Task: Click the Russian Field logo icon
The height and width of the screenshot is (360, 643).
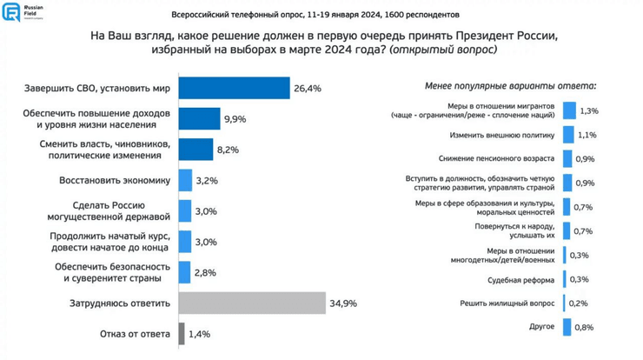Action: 11,12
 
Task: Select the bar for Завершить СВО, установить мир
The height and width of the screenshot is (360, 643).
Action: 234,89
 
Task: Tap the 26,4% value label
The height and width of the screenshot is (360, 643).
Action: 308,89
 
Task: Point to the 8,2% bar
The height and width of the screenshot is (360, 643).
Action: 196,150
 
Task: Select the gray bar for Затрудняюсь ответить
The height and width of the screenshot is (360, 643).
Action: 251,303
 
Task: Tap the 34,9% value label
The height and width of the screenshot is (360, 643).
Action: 343,303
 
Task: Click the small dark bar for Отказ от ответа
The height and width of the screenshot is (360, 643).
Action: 182,334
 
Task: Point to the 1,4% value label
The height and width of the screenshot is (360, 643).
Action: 200,334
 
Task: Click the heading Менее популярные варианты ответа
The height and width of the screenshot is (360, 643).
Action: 510,87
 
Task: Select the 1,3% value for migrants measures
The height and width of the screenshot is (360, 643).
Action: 588,111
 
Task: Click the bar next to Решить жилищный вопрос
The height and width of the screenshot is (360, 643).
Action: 565,303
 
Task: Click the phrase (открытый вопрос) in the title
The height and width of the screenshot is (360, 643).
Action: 443,51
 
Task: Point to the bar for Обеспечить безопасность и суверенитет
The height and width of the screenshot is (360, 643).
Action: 184,273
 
